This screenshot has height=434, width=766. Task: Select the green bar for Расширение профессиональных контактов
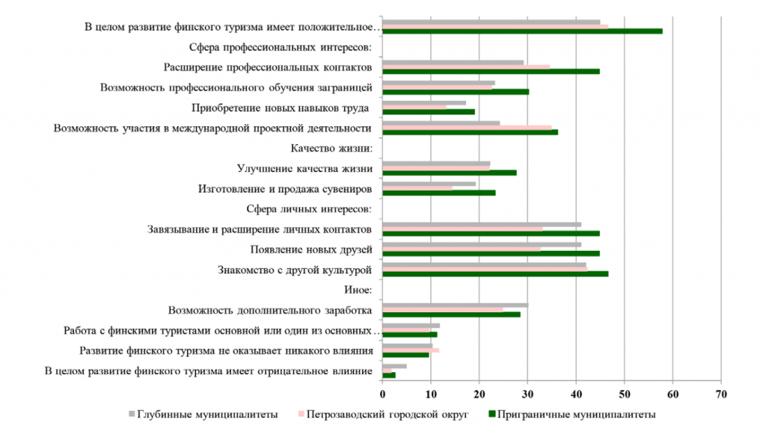click(491, 72)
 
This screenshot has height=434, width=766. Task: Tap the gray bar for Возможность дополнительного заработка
click(455, 305)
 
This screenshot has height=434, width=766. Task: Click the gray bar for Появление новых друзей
click(482, 244)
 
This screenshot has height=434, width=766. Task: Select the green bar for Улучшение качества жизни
click(449, 173)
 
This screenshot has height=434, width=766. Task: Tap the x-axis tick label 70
click(721, 394)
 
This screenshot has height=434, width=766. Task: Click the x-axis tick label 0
click(382, 394)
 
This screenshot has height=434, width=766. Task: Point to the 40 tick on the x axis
click(576, 394)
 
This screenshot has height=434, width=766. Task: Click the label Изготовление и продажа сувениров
click(285, 189)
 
